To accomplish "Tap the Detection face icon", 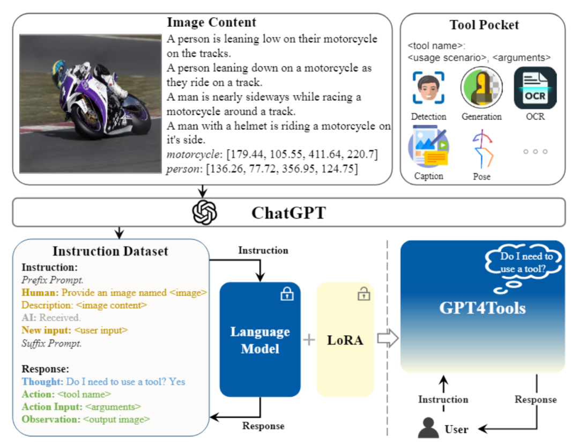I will coord(428,87).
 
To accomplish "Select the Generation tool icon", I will coord(481,87).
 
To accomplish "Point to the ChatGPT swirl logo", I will coord(205,212).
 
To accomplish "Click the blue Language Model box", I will coord(260,339).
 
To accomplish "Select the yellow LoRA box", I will coord(345,339).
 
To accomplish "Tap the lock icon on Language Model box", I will coord(287,293).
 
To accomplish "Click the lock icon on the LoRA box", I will coord(364,293).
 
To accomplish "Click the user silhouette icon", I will coord(429,427).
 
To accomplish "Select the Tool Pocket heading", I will coord(484,25).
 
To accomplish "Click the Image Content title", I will coord(211,23).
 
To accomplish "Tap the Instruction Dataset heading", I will coord(110,251).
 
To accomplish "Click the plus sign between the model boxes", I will coord(309,339).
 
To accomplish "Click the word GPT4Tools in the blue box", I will coord(482,308).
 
